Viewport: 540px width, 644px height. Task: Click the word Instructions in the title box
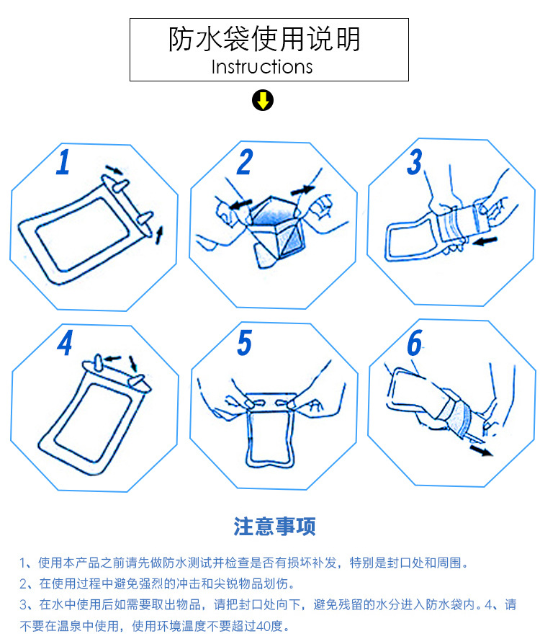262,67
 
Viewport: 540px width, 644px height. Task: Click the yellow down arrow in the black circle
263,100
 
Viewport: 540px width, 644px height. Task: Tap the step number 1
63,162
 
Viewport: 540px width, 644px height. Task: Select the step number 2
245,162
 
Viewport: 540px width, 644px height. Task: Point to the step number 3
415,162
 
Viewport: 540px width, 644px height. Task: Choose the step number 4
65,343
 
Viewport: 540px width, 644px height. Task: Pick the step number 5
244,343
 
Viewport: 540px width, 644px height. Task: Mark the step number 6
414,343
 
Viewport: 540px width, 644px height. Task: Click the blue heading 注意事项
274,527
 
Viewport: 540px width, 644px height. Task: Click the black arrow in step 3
485,241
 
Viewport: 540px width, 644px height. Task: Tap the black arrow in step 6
481,450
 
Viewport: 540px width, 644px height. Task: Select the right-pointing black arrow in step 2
302,190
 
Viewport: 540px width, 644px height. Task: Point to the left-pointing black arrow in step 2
241,204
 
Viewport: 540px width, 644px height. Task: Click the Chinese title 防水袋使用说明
264,40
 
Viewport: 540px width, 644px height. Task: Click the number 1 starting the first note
22,563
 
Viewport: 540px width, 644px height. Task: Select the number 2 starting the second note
24,583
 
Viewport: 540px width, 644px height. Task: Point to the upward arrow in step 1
159,235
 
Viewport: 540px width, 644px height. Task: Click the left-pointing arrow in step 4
112,359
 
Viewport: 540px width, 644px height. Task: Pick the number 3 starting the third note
24,604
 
